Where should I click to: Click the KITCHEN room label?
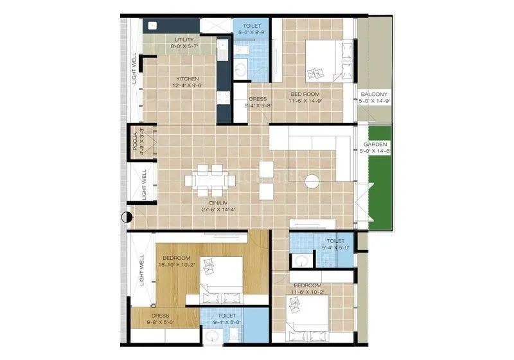tap(184, 78)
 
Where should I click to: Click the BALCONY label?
tap(373, 93)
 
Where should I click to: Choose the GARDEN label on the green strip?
tap(375, 145)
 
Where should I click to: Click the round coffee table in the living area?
tap(312, 181)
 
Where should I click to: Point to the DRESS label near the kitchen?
tap(257, 99)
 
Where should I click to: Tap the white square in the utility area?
tap(153, 26)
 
